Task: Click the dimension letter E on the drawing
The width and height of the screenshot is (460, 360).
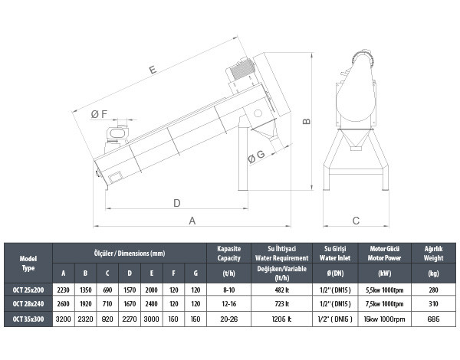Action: [153, 70]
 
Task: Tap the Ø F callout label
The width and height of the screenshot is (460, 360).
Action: [99, 114]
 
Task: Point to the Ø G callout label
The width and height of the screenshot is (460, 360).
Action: [256, 156]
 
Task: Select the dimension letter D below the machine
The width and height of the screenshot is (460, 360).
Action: [176, 203]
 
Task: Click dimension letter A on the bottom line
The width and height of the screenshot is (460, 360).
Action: [192, 221]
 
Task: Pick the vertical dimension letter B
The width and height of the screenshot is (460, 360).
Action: [306, 121]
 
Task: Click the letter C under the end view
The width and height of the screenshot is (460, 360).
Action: [356, 221]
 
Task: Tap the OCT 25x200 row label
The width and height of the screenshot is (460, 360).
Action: [28, 290]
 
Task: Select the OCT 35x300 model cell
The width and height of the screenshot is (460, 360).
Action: [28, 319]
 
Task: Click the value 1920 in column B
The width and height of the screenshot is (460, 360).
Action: [85, 304]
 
